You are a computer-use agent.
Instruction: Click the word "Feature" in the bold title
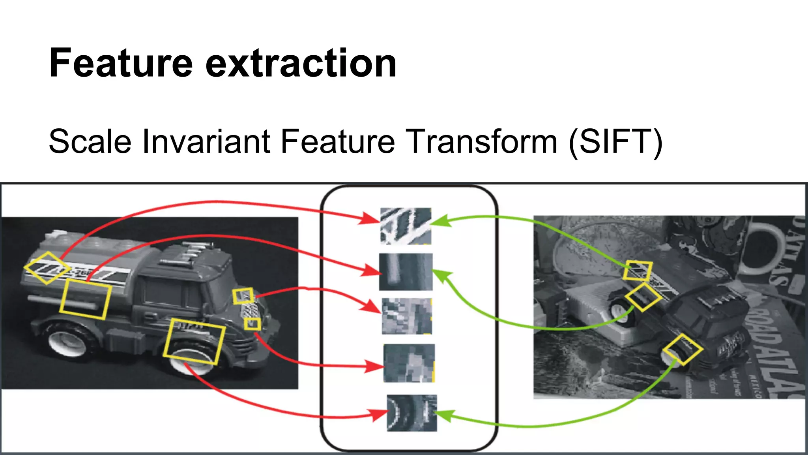coord(121,63)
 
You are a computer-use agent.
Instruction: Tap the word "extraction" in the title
coord(301,63)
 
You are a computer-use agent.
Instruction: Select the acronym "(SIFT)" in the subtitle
coord(615,141)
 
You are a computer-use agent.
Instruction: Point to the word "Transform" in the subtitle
coord(481,141)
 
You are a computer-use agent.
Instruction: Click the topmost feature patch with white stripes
coord(406,226)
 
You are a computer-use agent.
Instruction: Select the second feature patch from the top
coord(406,272)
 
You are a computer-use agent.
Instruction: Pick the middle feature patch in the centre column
coord(407,316)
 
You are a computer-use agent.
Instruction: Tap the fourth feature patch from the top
coord(409,363)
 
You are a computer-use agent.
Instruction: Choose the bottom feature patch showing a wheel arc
coord(412,413)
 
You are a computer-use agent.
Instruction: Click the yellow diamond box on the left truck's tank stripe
coord(47,268)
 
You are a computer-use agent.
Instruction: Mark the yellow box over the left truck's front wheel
coord(195,342)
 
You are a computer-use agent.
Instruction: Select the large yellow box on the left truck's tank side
coord(85,299)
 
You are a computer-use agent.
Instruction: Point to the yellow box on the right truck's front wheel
coord(683,350)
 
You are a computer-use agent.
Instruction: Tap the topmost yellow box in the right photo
coord(638,271)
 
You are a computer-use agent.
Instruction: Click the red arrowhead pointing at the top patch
coord(371,218)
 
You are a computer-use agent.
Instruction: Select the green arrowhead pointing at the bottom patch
coord(443,416)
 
